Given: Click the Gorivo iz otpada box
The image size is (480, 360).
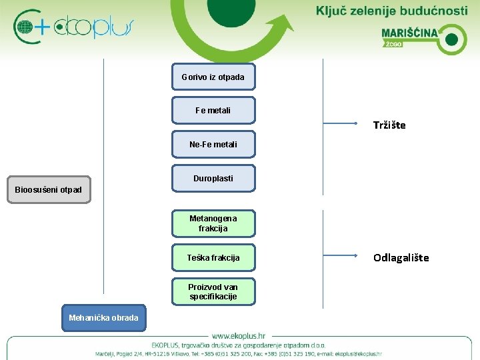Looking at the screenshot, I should click(213, 77).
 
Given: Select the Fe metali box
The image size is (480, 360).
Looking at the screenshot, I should click(213, 111).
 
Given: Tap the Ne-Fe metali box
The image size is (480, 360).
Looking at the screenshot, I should click(213, 144).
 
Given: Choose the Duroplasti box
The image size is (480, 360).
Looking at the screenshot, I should click(213, 179).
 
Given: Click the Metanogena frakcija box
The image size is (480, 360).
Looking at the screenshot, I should click(213, 223).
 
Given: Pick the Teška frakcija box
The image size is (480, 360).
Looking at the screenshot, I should click(213, 257).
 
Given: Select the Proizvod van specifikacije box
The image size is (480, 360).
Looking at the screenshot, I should click(213, 291).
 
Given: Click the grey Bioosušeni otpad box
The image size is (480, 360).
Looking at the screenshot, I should click(49, 190).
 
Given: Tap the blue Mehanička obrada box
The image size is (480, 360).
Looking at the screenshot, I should click(104, 317).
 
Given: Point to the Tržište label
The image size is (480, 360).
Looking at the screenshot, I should click(389, 125).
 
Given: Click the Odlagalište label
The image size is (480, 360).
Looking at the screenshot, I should click(401, 257).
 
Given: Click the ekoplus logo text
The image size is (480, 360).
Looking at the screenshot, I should click(93, 27).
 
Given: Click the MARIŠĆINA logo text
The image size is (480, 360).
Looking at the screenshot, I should click(409, 33).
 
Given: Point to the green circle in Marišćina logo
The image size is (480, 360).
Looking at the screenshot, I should click(451, 39).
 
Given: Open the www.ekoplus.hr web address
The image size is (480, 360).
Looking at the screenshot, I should click(239, 336).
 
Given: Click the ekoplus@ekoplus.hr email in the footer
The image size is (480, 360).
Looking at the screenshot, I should click(358, 354).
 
